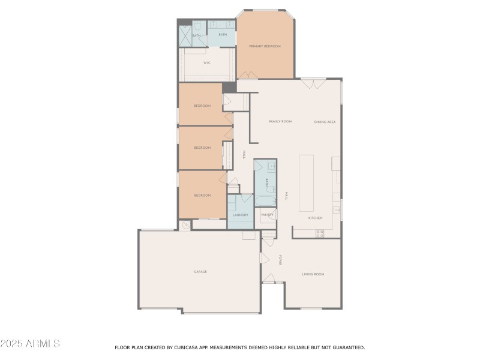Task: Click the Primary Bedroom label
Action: click(265, 46)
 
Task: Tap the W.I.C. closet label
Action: click(206, 62)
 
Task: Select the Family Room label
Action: click(280, 121)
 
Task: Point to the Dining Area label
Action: click(325, 122)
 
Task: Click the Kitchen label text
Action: click(315, 218)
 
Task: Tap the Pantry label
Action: click(267, 214)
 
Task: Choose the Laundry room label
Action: click(240, 214)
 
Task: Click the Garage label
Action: click(200, 272)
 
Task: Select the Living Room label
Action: click(312, 274)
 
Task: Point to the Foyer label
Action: click(280, 260)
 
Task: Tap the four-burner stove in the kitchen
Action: click(320, 233)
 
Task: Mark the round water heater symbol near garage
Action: click(185, 225)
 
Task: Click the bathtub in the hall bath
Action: click(265, 200)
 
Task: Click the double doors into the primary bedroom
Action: click(248, 75)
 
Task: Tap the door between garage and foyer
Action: click(263, 258)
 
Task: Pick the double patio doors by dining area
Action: click(314, 84)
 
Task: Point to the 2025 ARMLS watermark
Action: click(30, 344)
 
